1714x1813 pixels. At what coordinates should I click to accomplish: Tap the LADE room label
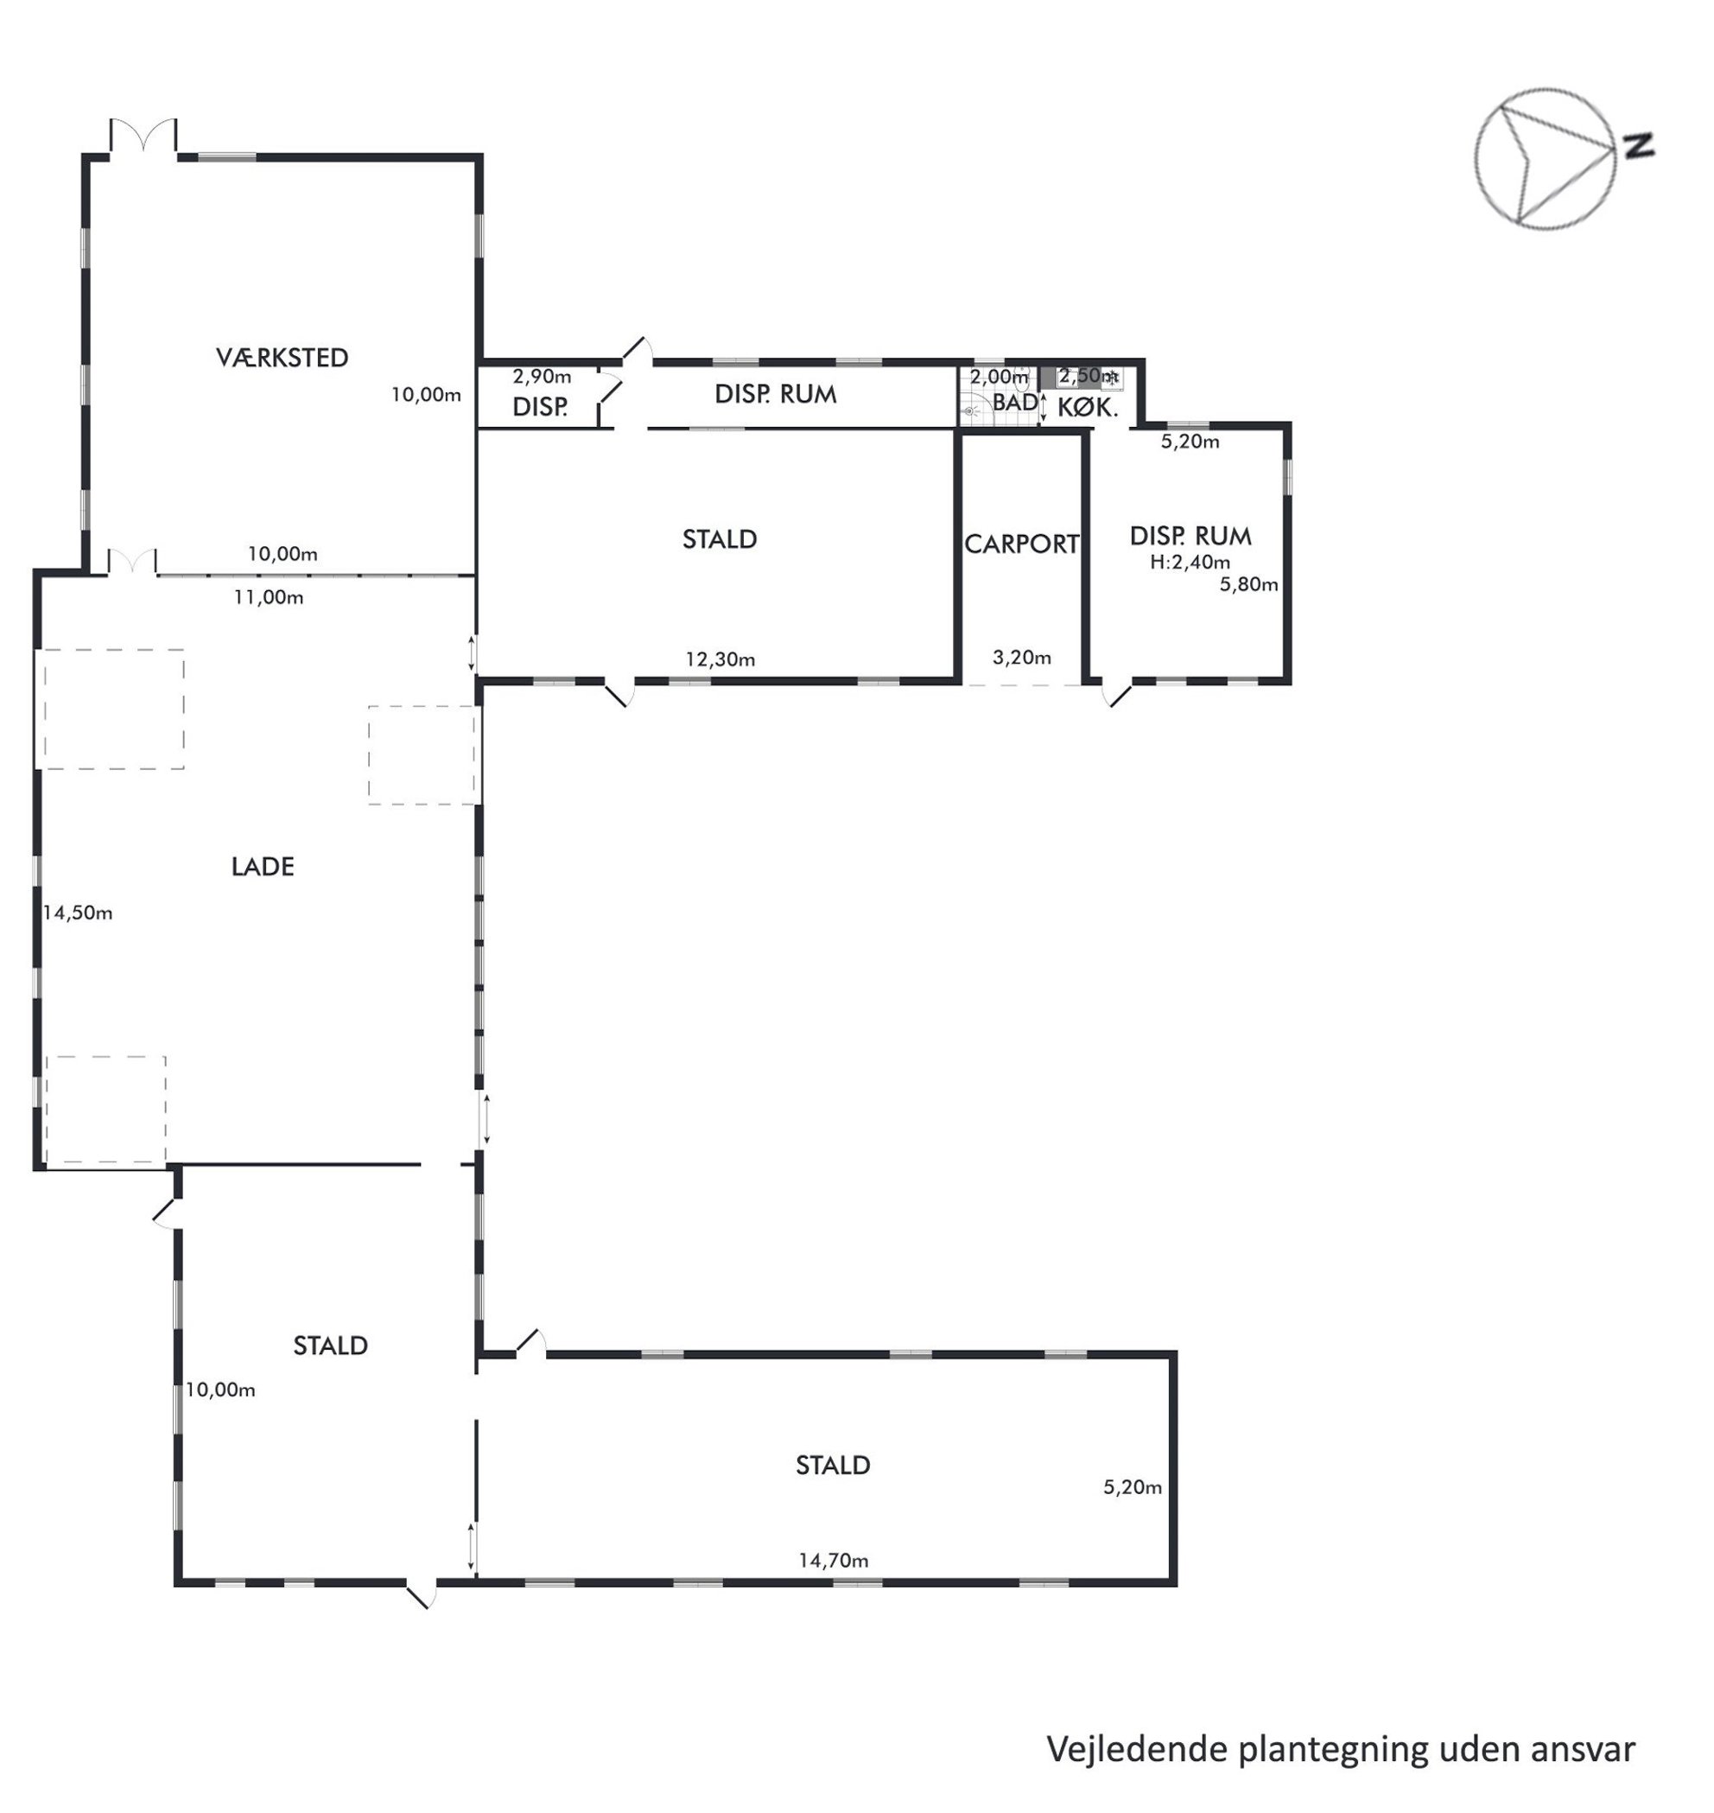pyautogui.click(x=263, y=866)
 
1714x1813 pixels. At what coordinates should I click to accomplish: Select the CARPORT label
pyautogui.click(x=1021, y=544)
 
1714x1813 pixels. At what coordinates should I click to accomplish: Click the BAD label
pyautogui.click(x=1015, y=402)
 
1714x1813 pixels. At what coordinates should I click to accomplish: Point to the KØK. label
pyautogui.click(x=1089, y=408)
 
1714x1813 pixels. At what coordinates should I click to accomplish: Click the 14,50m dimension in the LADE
pyautogui.click(x=78, y=913)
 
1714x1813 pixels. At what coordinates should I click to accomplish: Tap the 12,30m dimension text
pyautogui.click(x=721, y=658)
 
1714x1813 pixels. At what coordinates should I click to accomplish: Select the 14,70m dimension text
pyautogui.click(x=834, y=1561)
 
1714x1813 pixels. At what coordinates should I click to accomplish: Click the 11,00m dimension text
pyautogui.click(x=269, y=598)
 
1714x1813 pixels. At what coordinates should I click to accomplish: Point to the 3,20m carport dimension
pyautogui.click(x=1021, y=657)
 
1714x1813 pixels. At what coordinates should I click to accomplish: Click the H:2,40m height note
pyautogui.click(x=1190, y=562)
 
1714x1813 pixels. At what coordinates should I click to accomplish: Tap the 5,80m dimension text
pyautogui.click(x=1249, y=585)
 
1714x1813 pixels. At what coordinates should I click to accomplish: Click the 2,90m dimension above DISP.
pyautogui.click(x=542, y=376)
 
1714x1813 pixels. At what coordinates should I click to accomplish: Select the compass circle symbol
pyautogui.click(x=1545, y=159)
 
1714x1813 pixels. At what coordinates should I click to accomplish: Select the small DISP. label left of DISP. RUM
pyautogui.click(x=540, y=408)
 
